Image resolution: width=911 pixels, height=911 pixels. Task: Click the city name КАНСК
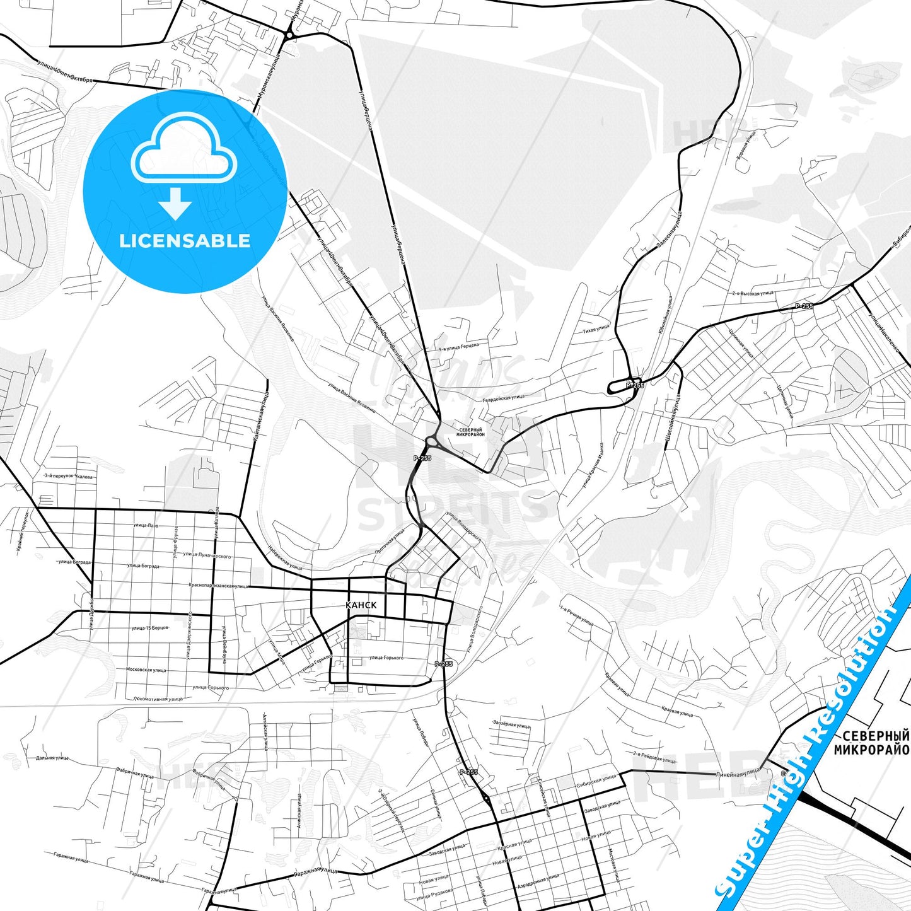(361, 605)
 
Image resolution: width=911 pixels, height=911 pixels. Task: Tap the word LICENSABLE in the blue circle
(185, 241)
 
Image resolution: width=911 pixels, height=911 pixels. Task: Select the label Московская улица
(146, 670)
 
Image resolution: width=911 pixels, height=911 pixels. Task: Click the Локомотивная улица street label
(159, 699)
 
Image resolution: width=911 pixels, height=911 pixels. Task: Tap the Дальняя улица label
(52, 758)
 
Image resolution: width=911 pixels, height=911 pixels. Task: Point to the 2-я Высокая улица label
(753, 293)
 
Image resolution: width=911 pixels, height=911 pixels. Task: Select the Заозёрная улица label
(511, 725)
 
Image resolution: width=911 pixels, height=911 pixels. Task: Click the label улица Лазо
(146, 525)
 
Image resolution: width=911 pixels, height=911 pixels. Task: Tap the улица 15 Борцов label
(149, 628)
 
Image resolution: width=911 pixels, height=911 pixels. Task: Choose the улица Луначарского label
(207, 555)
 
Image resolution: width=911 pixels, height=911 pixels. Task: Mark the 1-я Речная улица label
(577, 616)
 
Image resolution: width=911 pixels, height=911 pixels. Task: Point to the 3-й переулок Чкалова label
(69, 477)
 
